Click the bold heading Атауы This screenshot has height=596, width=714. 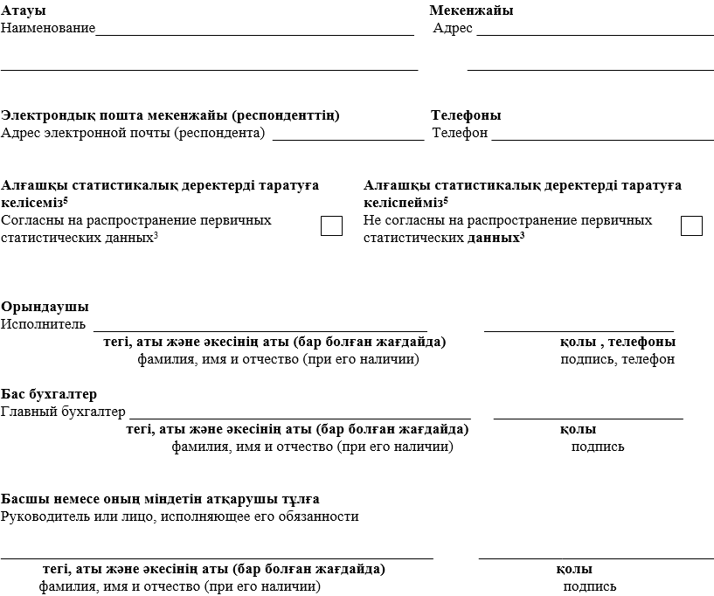[24, 10]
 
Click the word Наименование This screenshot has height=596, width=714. [48, 28]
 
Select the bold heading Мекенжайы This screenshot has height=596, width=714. [471, 10]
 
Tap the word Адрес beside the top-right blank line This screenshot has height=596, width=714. [453, 28]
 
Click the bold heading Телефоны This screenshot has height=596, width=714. [466, 115]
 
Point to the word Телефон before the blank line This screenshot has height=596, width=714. [460, 134]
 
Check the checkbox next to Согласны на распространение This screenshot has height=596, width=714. [331, 225]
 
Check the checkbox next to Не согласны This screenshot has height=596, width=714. [691, 225]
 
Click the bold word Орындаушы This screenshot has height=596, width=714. [45, 308]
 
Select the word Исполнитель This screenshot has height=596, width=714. [43, 325]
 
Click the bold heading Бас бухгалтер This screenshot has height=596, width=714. [49, 394]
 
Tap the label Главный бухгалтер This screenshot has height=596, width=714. [63, 412]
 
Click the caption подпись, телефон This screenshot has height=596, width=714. [617, 359]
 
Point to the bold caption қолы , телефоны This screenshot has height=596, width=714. [617, 342]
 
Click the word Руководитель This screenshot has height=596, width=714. [45, 516]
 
